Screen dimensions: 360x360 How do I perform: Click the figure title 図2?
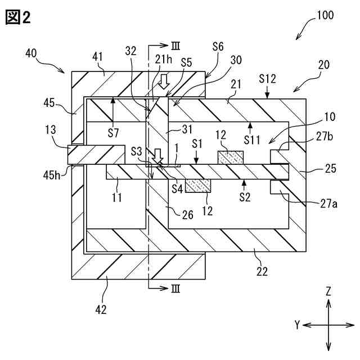[x=17, y=17]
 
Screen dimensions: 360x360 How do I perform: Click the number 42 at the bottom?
[x=101, y=309]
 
